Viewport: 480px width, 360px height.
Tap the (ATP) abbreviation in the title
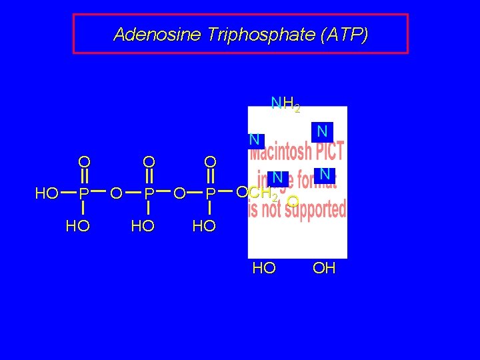(343, 35)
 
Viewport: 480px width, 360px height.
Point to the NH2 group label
(285, 104)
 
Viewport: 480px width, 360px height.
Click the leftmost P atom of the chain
(83, 194)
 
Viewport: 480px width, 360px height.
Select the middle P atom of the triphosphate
(149, 194)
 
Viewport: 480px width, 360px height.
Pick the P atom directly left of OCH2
(210, 194)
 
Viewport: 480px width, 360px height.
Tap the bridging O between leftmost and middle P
(116, 194)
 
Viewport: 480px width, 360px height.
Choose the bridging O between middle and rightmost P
(179, 194)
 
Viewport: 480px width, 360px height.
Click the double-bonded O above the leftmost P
(83, 161)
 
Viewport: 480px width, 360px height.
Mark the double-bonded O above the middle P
(149, 161)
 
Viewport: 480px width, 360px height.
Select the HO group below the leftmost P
(78, 226)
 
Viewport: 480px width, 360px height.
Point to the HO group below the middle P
(143, 226)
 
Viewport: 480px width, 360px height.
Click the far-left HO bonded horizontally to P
(47, 194)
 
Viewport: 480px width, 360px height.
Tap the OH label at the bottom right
(324, 269)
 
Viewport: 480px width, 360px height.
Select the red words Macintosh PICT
(297, 151)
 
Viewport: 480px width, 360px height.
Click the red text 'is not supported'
(297, 210)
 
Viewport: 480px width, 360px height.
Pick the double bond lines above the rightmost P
(210, 177)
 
